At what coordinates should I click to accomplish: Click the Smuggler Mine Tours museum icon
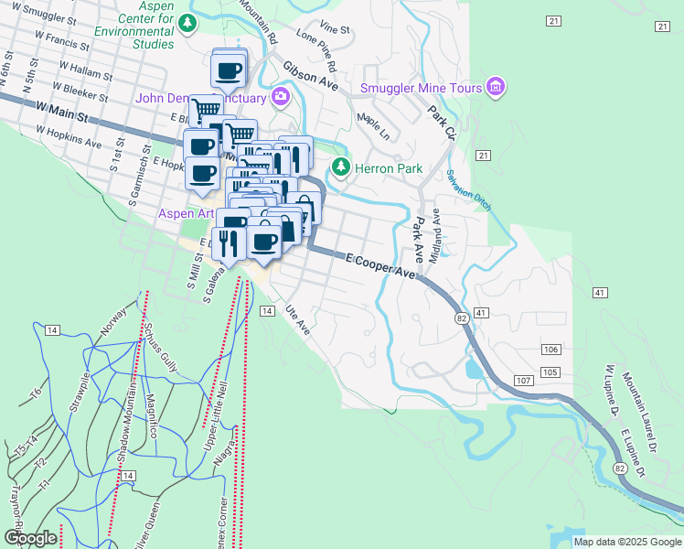pyautogui.click(x=497, y=87)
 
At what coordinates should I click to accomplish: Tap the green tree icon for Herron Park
pyautogui.click(x=341, y=167)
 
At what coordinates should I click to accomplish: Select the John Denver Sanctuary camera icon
pyautogui.click(x=281, y=97)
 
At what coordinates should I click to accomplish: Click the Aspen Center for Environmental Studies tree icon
pyautogui.click(x=187, y=23)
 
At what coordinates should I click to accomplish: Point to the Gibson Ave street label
pyautogui.click(x=311, y=78)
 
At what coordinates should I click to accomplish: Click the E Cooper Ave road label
pyautogui.click(x=380, y=266)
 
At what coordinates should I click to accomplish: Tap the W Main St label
pyautogui.click(x=63, y=113)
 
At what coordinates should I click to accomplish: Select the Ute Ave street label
pyautogui.click(x=298, y=320)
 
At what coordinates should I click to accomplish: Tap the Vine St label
pyautogui.click(x=335, y=29)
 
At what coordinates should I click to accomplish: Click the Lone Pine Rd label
pyautogui.click(x=316, y=54)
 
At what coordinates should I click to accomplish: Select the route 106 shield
pyautogui.click(x=550, y=350)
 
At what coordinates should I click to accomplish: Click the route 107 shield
pyautogui.click(x=523, y=380)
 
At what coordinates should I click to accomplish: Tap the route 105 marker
pyautogui.click(x=550, y=371)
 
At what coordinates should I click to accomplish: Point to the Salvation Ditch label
pyautogui.click(x=469, y=189)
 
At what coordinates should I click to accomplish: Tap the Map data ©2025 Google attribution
pyautogui.click(x=627, y=542)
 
